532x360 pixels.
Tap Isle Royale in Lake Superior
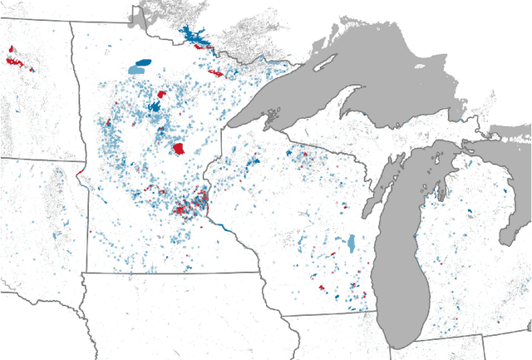pyautogui.click(x=328, y=63)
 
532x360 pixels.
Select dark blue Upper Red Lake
pyautogui.click(x=143, y=62)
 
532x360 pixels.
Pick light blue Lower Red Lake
pyautogui.click(x=135, y=70)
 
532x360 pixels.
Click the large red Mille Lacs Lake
pyautogui.click(x=178, y=149)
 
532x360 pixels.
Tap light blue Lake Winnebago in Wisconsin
pyautogui.click(x=352, y=244)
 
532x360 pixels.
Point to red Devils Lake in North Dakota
pyautogui.click(x=13, y=60)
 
